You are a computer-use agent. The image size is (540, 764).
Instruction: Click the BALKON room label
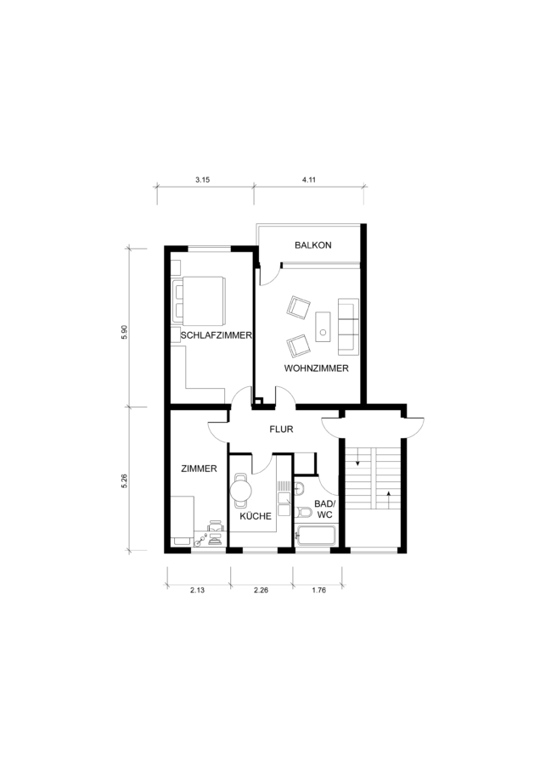(x=313, y=245)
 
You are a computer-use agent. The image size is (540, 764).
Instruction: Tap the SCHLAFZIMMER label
(x=216, y=335)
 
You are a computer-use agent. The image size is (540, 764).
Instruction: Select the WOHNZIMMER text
(x=317, y=368)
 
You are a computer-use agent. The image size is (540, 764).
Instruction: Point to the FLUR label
(x=281, y=430)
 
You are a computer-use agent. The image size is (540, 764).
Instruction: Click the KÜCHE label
(x=256, y=516)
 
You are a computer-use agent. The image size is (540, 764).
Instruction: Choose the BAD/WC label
(x=324, y=509)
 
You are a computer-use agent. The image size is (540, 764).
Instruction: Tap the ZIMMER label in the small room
(x=199, y=469)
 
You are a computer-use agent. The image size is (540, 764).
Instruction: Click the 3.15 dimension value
(x=202, y=179)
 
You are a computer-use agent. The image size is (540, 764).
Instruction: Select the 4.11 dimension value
(x=308, y=179)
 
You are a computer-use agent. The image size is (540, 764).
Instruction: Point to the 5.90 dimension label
(x=124, y=332)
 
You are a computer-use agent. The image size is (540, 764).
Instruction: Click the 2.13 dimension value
(x=197, y=590)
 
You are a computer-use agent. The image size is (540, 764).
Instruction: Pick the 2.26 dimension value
(x=261, y=590)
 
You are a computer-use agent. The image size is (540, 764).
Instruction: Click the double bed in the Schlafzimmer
(x=199, y=301)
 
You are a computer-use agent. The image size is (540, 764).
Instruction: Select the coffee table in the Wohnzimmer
(x=323, y=327)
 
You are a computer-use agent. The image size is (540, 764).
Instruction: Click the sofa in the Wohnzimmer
(x=348, y=327)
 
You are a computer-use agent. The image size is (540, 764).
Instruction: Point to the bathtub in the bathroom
(x=315, y=536)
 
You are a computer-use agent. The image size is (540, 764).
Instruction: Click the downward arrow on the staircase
(x=358, y=457)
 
